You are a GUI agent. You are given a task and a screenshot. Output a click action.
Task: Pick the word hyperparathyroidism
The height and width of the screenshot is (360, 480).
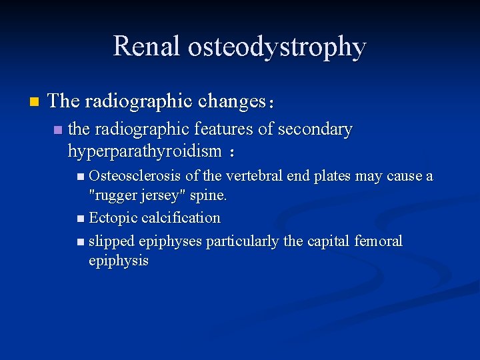[x=144, y=151]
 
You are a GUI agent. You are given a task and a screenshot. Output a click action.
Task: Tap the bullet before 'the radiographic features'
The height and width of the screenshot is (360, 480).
[x=58, y=129]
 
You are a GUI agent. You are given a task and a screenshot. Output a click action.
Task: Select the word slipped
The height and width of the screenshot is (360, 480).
[x=112, y=241]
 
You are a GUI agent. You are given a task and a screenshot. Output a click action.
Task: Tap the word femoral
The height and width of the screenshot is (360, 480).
[x=379, y=241]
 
